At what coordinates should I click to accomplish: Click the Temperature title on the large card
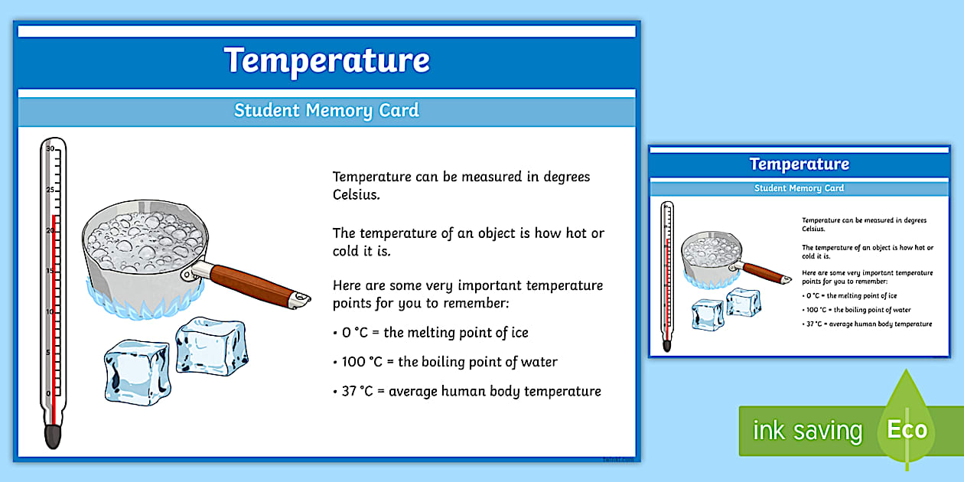[x=327, y=60]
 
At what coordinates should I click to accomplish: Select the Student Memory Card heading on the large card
[x=327, y=110]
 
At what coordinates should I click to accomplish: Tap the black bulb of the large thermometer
[x=53, y=435]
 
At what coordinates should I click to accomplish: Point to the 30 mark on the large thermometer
[x=50, y=149]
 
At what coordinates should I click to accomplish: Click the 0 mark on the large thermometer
[x=50, y=393]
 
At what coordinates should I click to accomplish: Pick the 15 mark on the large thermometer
[x=50, y=271]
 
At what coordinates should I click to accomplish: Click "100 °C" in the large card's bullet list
[x=362, y=362]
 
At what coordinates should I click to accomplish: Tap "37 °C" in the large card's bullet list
[x=359, y=391]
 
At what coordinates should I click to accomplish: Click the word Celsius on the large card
[x=356, y=195]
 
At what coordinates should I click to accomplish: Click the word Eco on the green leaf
[x=907, y=429]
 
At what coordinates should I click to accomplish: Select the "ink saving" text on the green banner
[x=807, y=431]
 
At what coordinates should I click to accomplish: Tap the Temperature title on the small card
[x=799, y=164]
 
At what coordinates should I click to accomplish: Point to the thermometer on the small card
[x=667, y=275]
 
